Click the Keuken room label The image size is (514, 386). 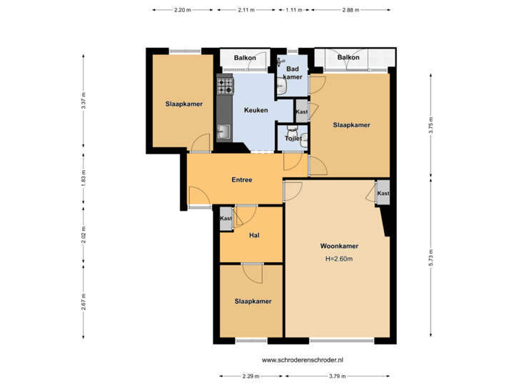[256, 111]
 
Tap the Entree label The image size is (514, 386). [241, 179]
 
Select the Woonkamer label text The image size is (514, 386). [339, 246]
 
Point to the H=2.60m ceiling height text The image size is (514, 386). [339, 259]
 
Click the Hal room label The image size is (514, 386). [253, 235]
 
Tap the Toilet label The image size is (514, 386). [293, 139]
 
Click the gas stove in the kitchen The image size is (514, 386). [226, 86]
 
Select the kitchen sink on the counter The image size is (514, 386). [224, 132]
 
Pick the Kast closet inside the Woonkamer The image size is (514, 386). [383, 194]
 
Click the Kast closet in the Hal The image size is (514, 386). [226, 219]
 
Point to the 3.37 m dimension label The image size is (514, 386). [84, 98]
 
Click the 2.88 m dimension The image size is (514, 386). [351, 10]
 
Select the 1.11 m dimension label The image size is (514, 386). [293, 10]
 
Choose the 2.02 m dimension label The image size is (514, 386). [84, 235]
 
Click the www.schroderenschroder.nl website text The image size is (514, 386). [303, 360]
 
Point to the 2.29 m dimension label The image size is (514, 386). [251, 375]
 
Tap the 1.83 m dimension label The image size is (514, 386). [84, 176]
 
